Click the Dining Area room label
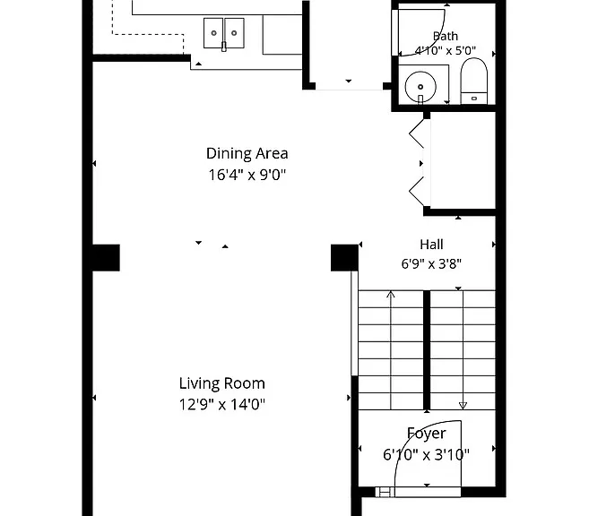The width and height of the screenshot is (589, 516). [x=247, y=153]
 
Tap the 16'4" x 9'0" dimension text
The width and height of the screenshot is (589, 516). [x=247, y=175]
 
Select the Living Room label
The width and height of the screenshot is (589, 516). [x=222, y=383]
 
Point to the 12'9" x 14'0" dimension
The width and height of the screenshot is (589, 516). [x=222, y=405]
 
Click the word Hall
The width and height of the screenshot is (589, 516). [x=431, y=245]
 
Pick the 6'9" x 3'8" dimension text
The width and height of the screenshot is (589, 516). [x=431, y=263]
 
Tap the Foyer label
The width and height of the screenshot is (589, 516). [x=427, y=434]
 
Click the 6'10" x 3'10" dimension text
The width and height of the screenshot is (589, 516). [x=426, y=455]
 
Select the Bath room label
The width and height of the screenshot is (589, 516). [x=446, y=36]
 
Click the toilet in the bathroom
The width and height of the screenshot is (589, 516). [x=474, y=81]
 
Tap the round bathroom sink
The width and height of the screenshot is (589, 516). [x=420, y=87]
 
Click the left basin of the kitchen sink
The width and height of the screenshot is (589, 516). [x=213, y=33]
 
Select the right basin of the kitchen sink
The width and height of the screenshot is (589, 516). [x=234, y=33]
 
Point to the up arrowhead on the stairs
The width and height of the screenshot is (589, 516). [x=391, y=294]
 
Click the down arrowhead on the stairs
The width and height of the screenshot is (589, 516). [x=463, y=406]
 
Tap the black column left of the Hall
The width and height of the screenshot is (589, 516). [x=344, y=257]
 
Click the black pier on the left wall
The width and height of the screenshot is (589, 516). [x=107, y=257]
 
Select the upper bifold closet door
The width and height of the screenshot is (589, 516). [x=417, y=133]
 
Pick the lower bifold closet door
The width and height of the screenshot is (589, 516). [x=417, y=192]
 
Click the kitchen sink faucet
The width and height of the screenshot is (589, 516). [x=224, y=47]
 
